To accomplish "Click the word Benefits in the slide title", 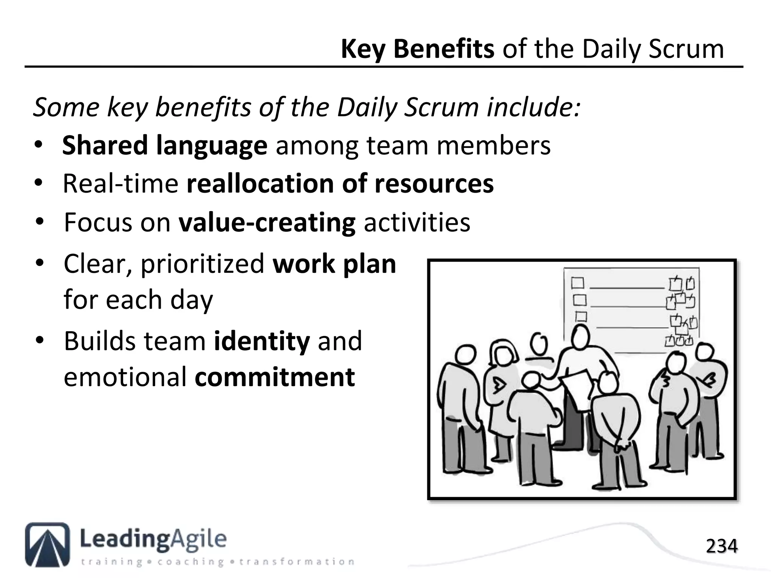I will click(x=443, y=49).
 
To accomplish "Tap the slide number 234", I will click(x=721, y=546).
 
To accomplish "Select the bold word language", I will click(x=211, y=146).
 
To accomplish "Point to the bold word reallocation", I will click(x=260, y=184).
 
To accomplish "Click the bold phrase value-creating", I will click(x=267, y=222).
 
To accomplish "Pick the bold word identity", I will click(x=262, y=341).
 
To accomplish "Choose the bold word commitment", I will click(x=275, y=377).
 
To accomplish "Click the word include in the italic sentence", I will click(x=533, y=107).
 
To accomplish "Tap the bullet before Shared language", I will click(x=38, y=145).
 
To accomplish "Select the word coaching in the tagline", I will click(x=190, y=562).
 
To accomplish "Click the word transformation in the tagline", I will click(x=296, y=562).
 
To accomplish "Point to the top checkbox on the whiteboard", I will click(x=577, y=283).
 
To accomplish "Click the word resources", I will click(x=434, y=184).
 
